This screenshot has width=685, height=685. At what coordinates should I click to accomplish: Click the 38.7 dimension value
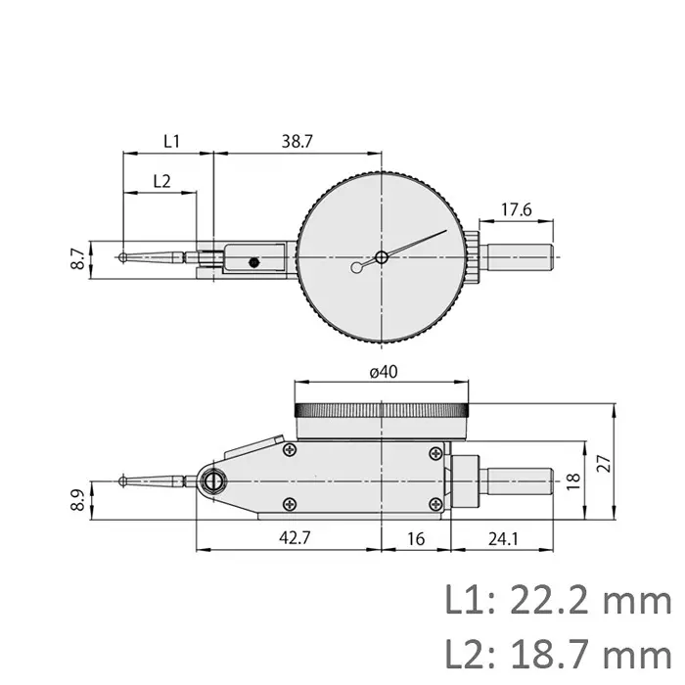pos(297,141)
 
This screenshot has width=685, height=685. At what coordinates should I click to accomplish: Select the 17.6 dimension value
pos(516,208)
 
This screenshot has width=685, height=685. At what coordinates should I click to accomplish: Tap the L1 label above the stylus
pos(171,141)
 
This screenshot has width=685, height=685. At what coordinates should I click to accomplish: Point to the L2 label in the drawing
pos(162,180)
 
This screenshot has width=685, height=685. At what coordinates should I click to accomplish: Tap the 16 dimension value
pos(416,538)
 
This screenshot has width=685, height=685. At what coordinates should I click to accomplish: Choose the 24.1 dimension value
pos(505,538)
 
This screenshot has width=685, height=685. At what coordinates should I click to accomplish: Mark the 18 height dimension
pos(574,479)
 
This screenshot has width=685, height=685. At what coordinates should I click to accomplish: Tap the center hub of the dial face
pos(381,257)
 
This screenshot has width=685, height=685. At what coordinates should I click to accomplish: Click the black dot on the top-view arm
pos(253,261)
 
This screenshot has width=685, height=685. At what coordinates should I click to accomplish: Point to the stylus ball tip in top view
pos(121,258)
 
